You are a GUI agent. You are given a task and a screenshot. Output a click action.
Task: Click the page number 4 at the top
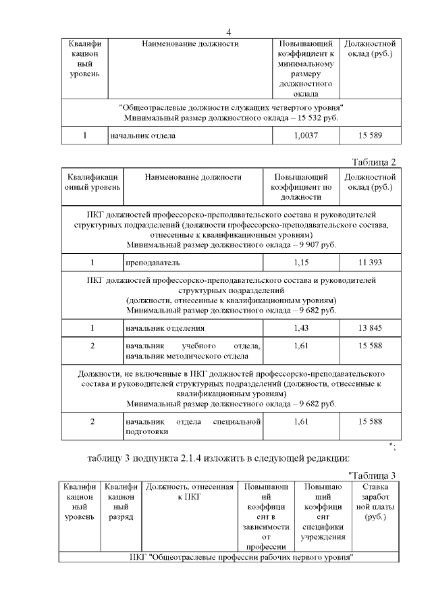(229, 32)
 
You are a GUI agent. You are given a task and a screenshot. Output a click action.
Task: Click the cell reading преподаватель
(153, 262)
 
